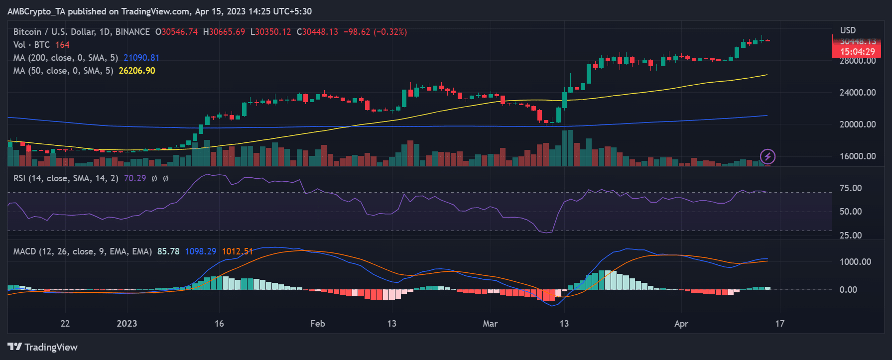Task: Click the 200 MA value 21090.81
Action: [x=141, y=58]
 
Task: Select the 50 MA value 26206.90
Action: [x=137, y=71]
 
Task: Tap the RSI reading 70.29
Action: [x=135, y=178]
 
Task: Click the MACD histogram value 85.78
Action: [x=168, y=251]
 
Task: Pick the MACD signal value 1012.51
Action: [x=237, y=251]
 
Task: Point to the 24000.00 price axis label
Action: [x=858, y=93]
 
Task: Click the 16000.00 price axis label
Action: [x=858, y=156]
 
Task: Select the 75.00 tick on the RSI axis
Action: [x=851, y=188]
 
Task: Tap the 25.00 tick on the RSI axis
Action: [x=851, y=236]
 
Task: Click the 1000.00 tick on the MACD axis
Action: [x=855, y=262]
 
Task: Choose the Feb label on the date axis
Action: [x=318, y=324]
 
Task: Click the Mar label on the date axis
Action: [x=490, y=324]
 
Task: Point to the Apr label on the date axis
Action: [x=681, y=324]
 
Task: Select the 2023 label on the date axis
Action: [x=127, y=324]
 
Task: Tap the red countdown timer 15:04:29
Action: [x=857, y=52]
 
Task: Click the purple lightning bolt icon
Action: [x=767, y=157]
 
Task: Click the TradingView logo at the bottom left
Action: [x=43, y=347]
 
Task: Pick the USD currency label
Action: [x=848, y=30]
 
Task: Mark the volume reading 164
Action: [x=62, y=45]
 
